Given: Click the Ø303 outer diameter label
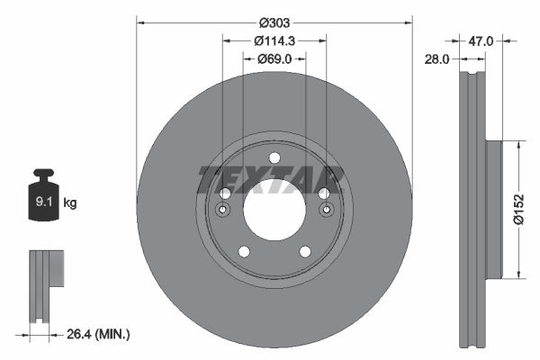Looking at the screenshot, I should pos(274,22).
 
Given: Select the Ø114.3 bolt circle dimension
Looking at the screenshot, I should pos(274,40).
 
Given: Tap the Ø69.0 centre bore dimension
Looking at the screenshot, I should pos(274,59).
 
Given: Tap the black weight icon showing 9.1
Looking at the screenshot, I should pos(44,195).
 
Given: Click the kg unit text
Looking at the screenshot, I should pos(70,203).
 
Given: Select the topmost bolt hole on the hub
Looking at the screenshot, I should pos(274,158).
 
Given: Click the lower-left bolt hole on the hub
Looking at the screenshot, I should pos(243,252).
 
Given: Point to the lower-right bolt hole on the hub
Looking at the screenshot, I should pos(305,252).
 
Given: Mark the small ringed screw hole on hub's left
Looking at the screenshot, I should pos(223,210).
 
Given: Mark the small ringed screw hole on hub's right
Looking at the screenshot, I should pos(325,210).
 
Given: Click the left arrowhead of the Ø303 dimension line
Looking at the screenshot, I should pos(140,22).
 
